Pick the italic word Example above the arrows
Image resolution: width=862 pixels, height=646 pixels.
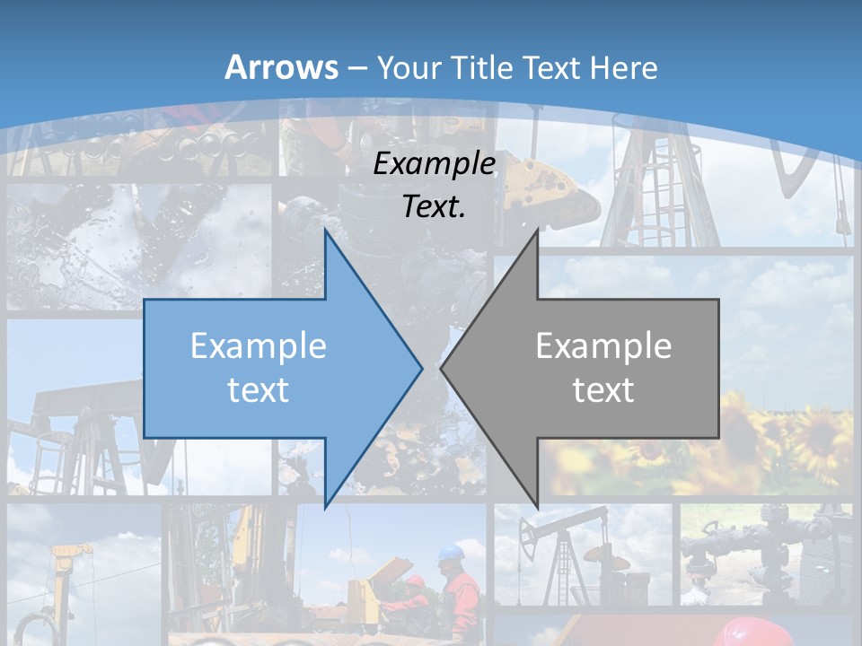[x=435, y=164]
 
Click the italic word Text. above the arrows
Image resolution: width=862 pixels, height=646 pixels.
[x=435, y=206]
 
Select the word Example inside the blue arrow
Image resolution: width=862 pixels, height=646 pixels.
[x=259, y=346]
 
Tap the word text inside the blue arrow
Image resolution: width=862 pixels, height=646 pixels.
[x=259, y=389]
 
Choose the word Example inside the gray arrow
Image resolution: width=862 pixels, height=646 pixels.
[x=603, y=346]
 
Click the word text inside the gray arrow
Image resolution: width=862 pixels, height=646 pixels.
[x=603, y=389]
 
